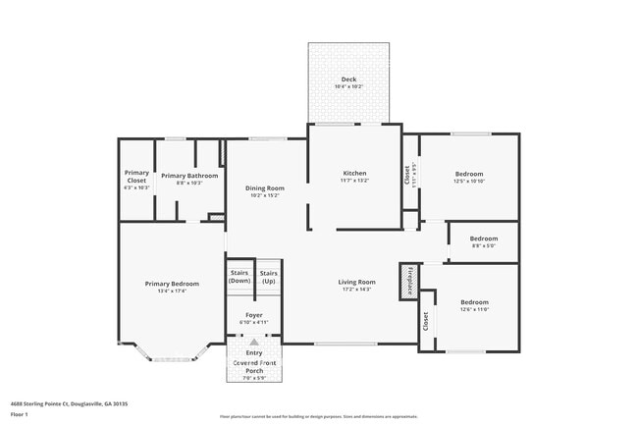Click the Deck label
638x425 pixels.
coord(348,79)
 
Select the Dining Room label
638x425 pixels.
coord(264,187)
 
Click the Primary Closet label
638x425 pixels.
coord(136,177)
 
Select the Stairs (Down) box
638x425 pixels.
coord(239,277)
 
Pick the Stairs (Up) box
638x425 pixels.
coord(269,277)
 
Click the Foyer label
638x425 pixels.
coord(253,315)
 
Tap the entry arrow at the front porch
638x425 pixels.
coord(254,342)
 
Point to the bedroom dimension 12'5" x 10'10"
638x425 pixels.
coord(468,181)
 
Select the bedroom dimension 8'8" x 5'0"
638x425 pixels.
coord(483,246)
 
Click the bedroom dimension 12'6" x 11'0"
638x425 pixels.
coord(474,309)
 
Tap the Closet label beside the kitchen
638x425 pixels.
coord(407,173)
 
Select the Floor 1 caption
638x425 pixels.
coord(20,415)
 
